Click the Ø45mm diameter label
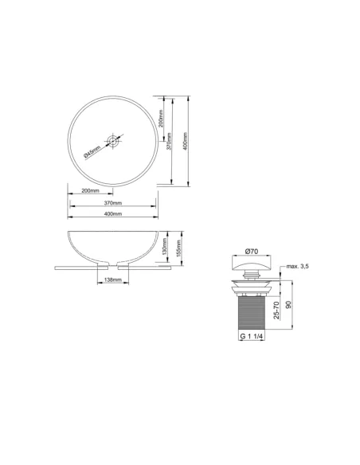(93, 150)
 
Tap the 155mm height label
(182, 248)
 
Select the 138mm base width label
(112, 280)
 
